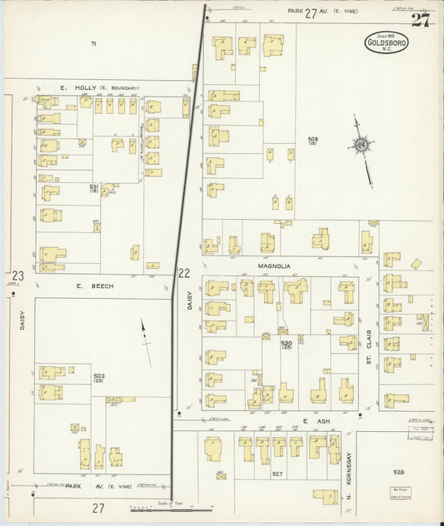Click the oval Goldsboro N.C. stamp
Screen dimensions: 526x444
click(x=387, y=42)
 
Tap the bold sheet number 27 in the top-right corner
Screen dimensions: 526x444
click(x=421, y=20)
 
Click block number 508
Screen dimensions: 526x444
click(x=312, y=140)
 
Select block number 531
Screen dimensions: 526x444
click(x=94, y=187)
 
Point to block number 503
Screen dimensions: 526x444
click(x=99, y=377)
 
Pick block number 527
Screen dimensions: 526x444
click(x=277, y=474)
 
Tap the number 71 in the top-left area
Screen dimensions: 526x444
click(x=94, y=43)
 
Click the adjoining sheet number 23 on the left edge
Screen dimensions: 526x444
click(x=17, y=275)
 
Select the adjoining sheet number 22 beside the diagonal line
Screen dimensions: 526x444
click(x=184, y=273)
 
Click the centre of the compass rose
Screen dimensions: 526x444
click(x=361, y=145)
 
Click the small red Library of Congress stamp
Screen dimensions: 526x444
click(x=400, y=495)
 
